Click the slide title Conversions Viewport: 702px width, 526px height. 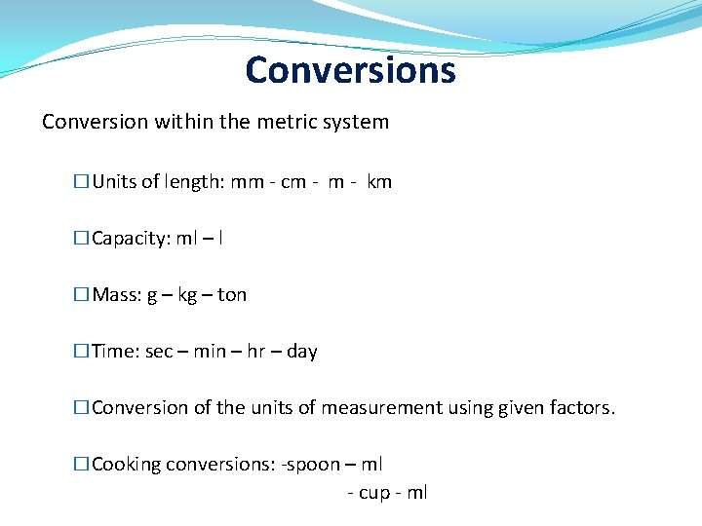350,70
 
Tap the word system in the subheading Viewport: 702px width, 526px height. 356,123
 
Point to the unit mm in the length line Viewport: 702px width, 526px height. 246,182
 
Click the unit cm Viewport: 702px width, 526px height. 292,182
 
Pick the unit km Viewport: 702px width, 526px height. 379,182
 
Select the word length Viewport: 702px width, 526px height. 194,182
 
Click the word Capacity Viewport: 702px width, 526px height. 129,239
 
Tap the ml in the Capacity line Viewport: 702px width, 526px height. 185,239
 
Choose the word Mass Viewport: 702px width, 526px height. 114,295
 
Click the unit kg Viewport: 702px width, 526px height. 187,295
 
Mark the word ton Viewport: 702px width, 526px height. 232,295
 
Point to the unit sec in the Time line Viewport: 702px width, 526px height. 158,352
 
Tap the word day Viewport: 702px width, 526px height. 302,352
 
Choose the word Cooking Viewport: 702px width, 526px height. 126,465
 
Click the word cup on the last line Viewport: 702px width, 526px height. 374,493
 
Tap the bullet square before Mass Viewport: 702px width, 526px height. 82,295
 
